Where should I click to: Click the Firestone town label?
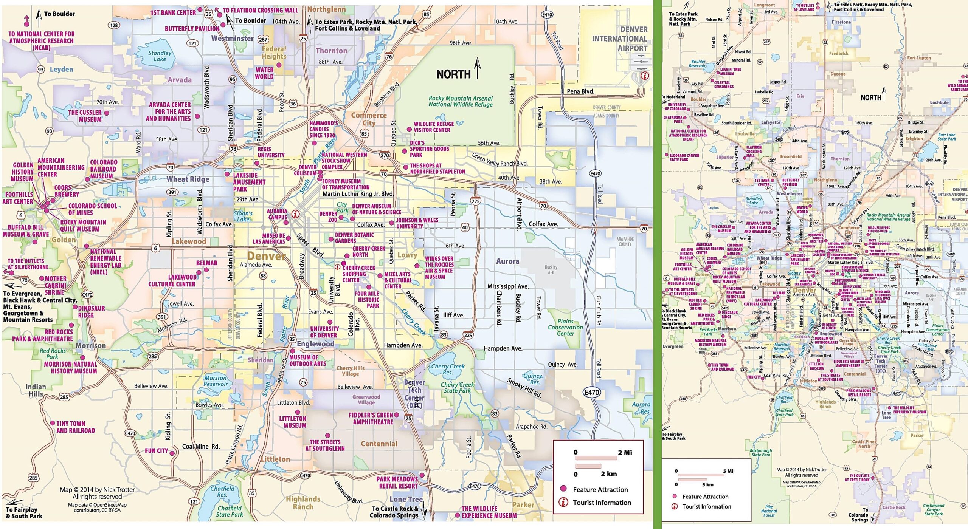point(841,22)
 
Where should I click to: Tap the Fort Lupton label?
point(919,58)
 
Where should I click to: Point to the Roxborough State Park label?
point(761,453)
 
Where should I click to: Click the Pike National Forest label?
point(769,511)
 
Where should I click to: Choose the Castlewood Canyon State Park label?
point(934,509)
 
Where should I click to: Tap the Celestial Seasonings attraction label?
point(724,85)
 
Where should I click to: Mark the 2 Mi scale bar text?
point(625,453)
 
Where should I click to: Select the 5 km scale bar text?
point(707,484)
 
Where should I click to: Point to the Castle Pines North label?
point(864,444)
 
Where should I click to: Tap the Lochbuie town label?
point(939,102)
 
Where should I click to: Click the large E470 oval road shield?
point(592,393)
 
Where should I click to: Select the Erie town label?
point(800,96)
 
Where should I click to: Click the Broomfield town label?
point(790,156)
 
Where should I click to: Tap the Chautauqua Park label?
point(673,119)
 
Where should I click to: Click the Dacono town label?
point(838,74)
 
